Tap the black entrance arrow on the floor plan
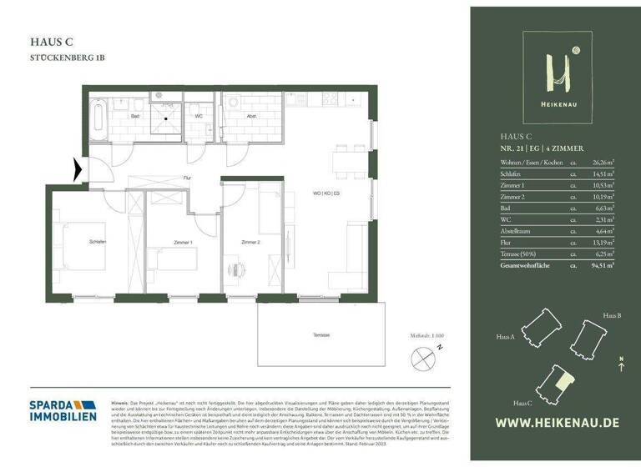[x=78, y=170]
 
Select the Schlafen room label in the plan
[x=98, y=242]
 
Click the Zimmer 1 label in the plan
[x=182, y=242]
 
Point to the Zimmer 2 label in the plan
[x=251, y=242]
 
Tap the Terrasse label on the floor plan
[x=320, y=335]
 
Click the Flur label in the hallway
[x=188, y=178]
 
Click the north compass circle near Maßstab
[x=421, y=359]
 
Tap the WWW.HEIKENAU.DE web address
[x=557, y=422]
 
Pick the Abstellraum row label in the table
[x=514, y=230]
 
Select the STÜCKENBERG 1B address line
[x=68, y=58]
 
